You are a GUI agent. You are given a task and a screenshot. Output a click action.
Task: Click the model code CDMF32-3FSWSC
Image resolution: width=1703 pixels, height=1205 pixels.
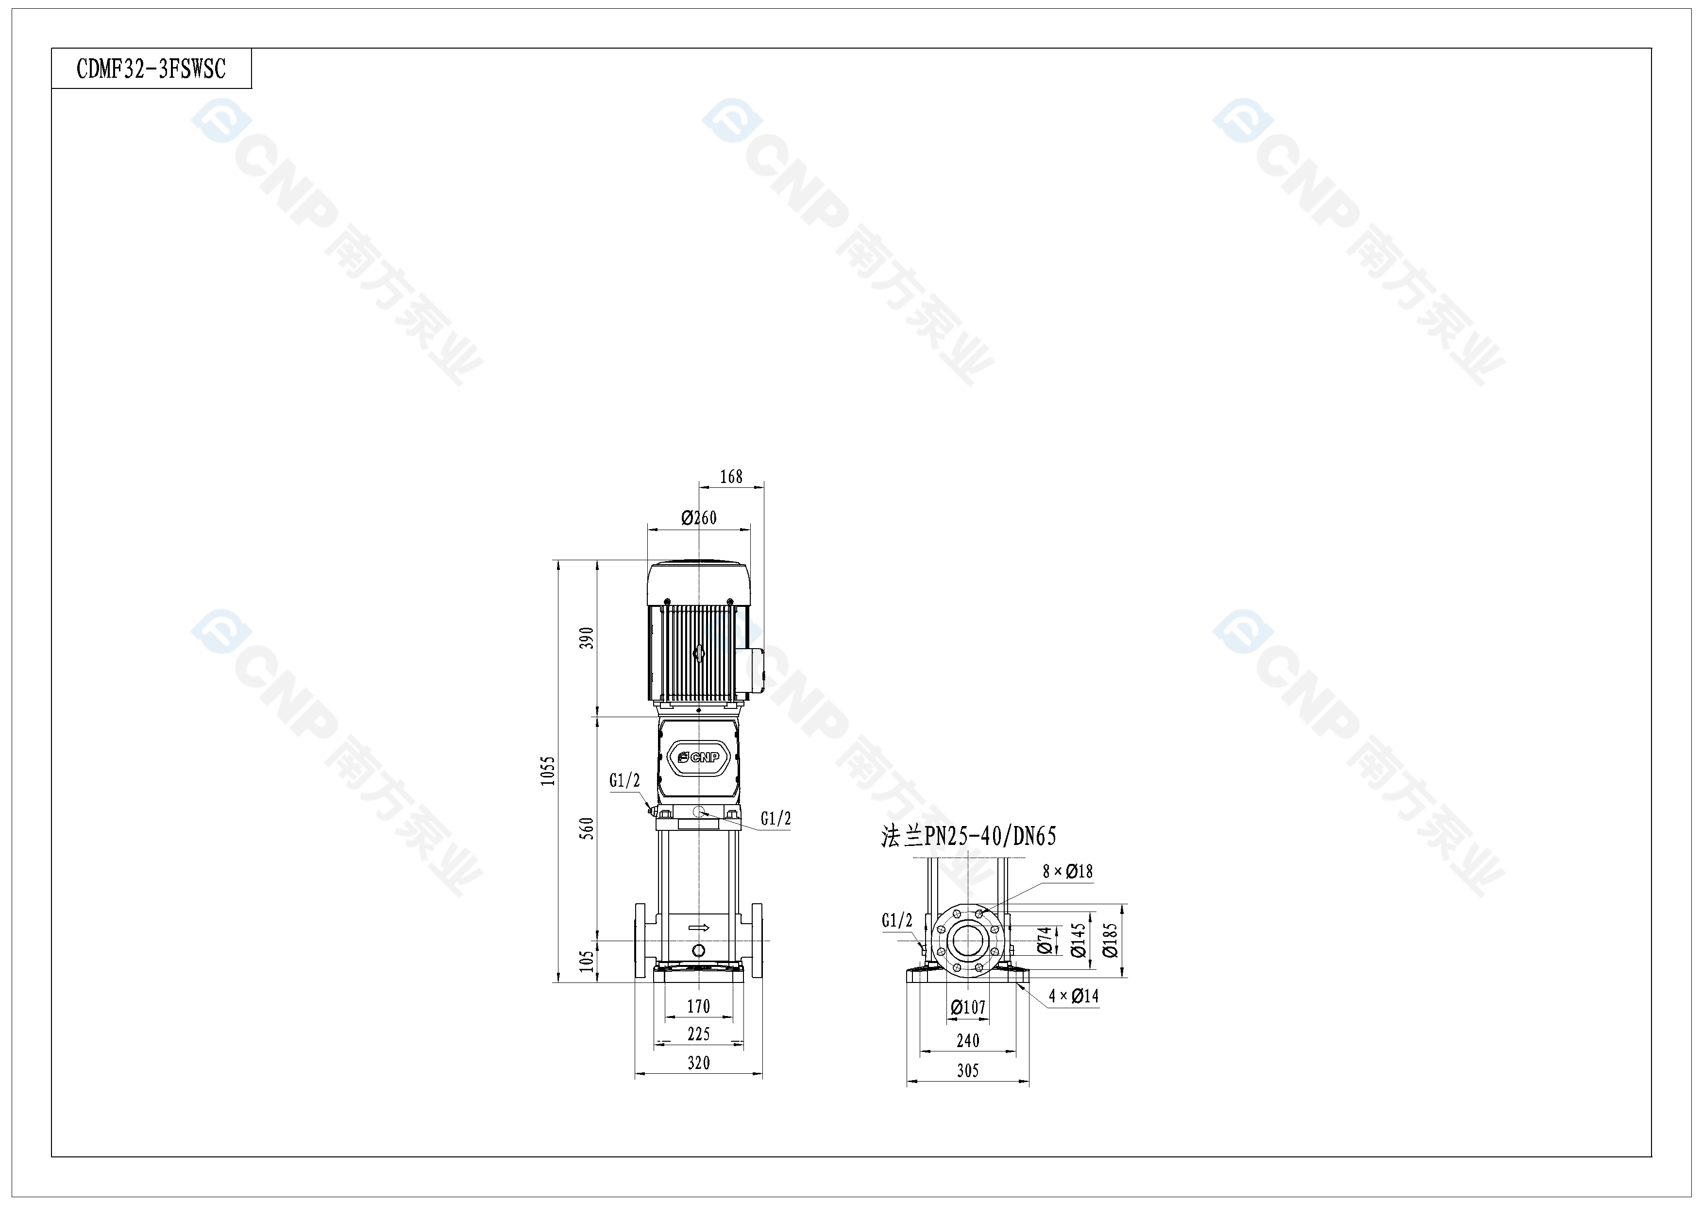tap(152, 69)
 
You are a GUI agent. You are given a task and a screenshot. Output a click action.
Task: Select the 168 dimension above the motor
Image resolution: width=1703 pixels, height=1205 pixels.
tap(731, 476)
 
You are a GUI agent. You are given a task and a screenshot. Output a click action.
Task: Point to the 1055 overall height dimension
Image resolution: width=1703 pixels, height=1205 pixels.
tap(547, 771)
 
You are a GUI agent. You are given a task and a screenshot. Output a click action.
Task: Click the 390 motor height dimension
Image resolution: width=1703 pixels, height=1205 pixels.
tap(587, 638)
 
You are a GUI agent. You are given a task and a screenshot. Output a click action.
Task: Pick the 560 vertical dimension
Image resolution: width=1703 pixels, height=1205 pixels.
tap(587, 828)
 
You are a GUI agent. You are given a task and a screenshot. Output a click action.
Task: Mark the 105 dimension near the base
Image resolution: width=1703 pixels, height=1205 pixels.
tap(587, 961)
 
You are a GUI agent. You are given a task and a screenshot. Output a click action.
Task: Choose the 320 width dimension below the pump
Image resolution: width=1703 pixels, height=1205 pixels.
tap(699, 1063)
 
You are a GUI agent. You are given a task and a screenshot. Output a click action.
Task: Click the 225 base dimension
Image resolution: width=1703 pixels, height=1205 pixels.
tap(699, 1033)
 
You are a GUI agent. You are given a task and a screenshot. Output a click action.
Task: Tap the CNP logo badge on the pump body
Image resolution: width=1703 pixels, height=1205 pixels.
tap(699, 757)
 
